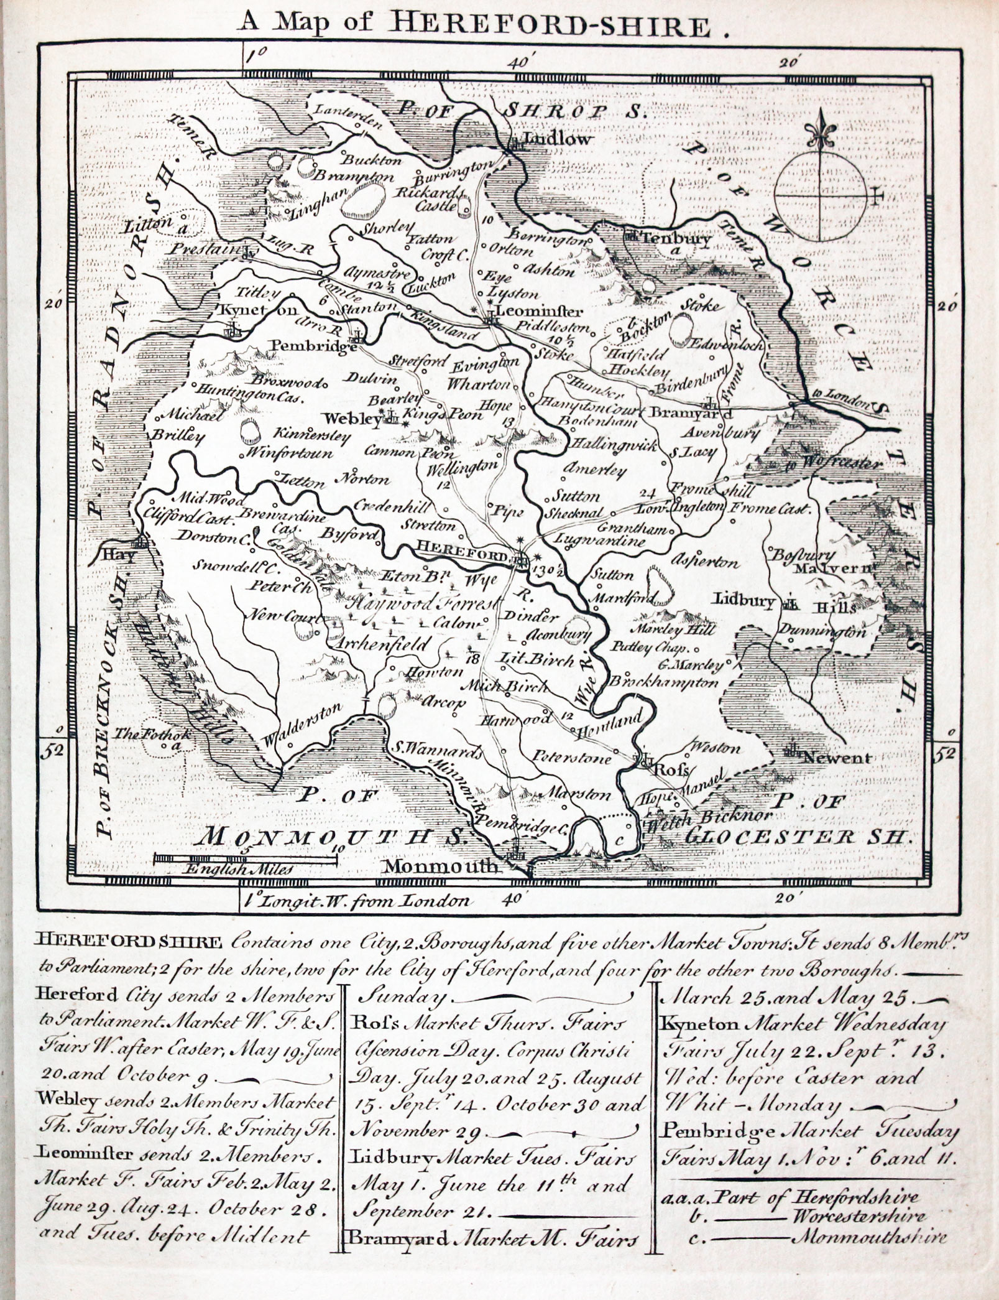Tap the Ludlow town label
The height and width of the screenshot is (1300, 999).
pyautogui.click(x=556, y=139)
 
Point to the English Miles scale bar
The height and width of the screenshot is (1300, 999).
pyautogui.click(x=245, y=859)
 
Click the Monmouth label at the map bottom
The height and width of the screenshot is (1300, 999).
pyautogui.click(x=441, y=866)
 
